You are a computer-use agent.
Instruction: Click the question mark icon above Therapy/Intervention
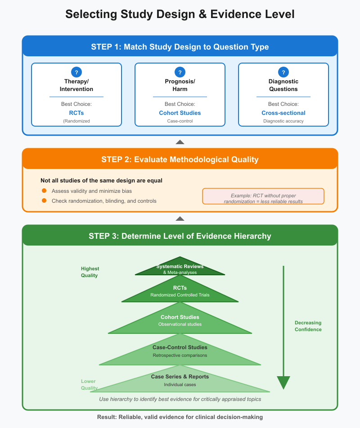pos(76,72)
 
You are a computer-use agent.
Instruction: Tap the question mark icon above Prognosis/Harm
pos(180,72)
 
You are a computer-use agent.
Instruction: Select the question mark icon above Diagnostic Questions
pos(283,72)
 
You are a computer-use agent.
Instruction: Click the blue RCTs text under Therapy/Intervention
pos(76,113)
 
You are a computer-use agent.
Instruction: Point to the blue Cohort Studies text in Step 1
pos(180,113)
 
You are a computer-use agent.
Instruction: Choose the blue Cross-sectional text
pos(283,113)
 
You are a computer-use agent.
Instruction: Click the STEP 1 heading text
pos(180,47)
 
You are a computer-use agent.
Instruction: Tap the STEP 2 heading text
pos(180,159)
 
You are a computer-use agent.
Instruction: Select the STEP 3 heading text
pos(180,236)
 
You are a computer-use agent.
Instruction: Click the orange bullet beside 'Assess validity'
pos(44,191)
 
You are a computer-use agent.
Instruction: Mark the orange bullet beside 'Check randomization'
pos(44,200)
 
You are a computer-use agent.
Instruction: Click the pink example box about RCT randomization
pos(263,196)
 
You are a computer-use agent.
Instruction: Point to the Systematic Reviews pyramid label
pos(180,267)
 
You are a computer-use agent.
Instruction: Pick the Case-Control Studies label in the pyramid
pos(180,347)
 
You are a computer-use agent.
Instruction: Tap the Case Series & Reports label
pos(180,377)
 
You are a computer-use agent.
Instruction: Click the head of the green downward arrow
pos(283,382)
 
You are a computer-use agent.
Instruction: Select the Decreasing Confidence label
pos(308,326)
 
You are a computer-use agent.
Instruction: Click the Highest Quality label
pos(90,272)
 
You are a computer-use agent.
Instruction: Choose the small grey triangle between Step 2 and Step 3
pos(180,219)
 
